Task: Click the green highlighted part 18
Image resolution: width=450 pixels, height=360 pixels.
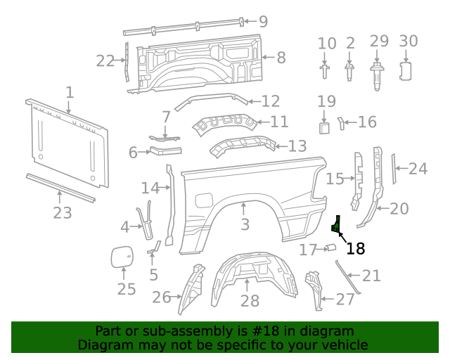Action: coord(336,225)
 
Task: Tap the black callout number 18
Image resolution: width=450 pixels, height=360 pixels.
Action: coord(356,247)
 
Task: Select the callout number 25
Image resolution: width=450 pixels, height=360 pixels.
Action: coord(126,289)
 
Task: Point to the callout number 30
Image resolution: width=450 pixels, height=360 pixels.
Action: coord(409,41)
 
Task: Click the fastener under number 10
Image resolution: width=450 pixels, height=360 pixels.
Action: coord(325,72)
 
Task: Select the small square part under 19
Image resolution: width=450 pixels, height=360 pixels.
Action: coord(324,127)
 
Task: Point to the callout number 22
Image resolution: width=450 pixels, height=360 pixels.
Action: coord(105,61)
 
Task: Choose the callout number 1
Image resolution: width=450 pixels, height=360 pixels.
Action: coord(70,92)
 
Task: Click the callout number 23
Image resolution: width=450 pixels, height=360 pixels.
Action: coord(63,212)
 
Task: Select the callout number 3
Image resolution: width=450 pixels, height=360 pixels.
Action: coord(245,224)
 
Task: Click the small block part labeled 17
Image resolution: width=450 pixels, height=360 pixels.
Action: coord(329,247)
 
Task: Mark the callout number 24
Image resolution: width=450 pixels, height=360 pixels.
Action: coord(418,169)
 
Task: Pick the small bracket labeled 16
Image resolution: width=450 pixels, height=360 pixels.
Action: coord(342,123)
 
